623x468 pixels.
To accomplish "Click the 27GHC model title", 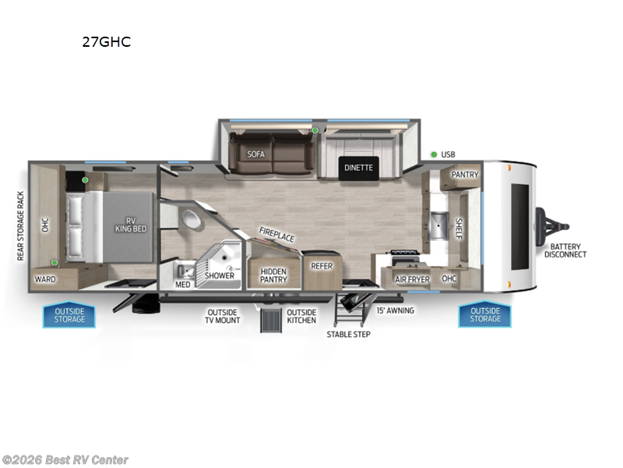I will click(x=107, y=42).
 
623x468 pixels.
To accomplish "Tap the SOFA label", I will click(x=256, y=154).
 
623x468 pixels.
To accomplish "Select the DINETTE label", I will click(x=359, y=167).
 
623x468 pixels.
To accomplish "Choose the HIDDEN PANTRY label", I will click(x=273, y=275).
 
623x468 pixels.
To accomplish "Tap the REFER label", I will click(x=322, y=266).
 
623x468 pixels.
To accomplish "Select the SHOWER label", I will click(x=220, y=275).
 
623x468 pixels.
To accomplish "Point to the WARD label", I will click(x=44, y=278).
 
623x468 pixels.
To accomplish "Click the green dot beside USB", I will click(x=432, y=154).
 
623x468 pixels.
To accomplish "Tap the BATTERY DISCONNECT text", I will click(x=565, y=250).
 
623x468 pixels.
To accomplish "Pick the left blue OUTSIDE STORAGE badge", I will click(x=69, y=315).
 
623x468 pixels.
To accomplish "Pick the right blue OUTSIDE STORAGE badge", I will click(x=485, y=315).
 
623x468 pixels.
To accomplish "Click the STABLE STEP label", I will click(x=348, y=334).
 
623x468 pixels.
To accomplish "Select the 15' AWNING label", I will click(x=395, y=310).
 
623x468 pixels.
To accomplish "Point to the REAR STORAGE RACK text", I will click(x=21, y=225).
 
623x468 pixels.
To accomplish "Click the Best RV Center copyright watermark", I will click(x=66, y=460).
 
